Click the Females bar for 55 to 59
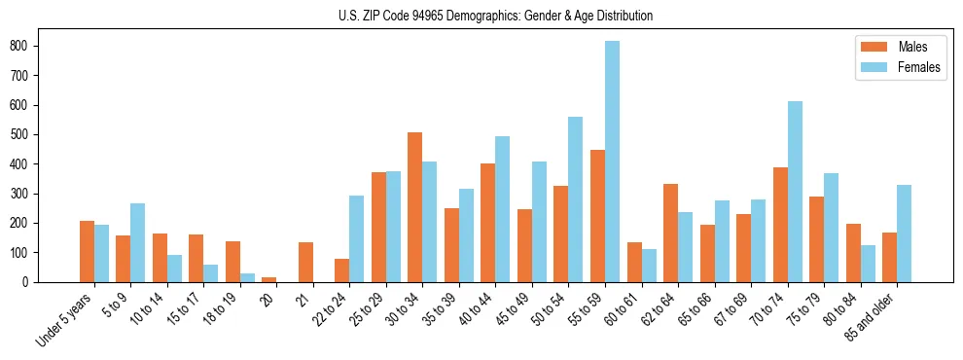tap(613, 162)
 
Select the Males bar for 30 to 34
tap(415, 207)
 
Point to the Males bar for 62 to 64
tap(670, 233)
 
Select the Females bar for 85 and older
tap(905, 234)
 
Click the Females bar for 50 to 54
tap(576, 199)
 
